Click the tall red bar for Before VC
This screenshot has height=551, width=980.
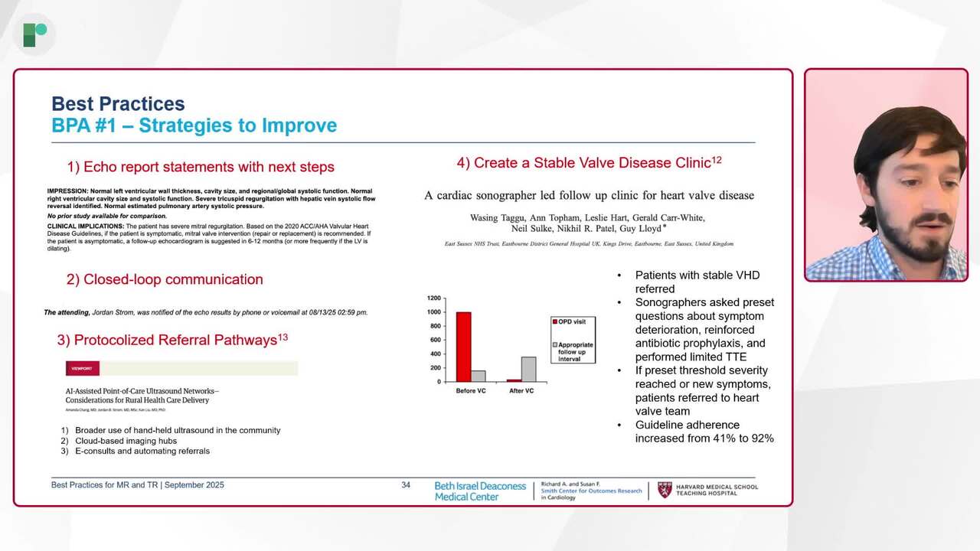pyautogui.click(x=463, y=347)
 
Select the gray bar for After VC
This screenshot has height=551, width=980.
pyautogui.click(x=528, y=369)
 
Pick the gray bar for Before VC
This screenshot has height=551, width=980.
pyautogui.click(x=478, y=376)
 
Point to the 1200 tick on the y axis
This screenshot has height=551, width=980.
pyautogui.click(x=434, y=298)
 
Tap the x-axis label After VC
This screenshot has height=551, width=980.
pyautogui.click(x=521, y=391)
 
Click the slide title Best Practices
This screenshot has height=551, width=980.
pyautogui.click(x=118, y=104)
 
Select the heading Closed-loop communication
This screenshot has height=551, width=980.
pyautogui.click(x=165, y=279)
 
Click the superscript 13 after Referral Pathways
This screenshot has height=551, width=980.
pyautogui.click(x=283, y=337)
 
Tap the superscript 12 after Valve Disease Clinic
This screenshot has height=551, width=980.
pyautogui.click(x=717, y=160)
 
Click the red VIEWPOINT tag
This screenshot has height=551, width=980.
pyautogui.click(x=82, y=369)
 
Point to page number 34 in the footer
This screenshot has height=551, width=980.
pyautogui.click(x=406, y=485)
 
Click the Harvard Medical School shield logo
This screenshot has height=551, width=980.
pyautogui.click(x=665, y=490)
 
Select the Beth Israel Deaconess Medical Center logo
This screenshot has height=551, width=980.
pyautogui.click(x=480, y=491)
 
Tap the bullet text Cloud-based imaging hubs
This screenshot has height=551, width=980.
pyautogui.click(x=126, y=441)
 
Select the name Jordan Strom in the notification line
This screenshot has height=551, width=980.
pyautogui.click(x=118, y=312)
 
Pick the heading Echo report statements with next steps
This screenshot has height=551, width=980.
pyautogui.click(x=201, y=167)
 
